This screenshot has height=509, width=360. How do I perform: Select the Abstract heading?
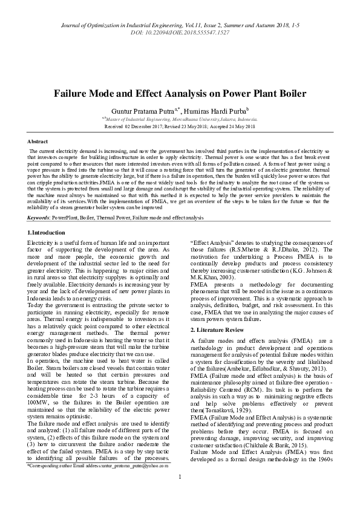click(39, 141)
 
